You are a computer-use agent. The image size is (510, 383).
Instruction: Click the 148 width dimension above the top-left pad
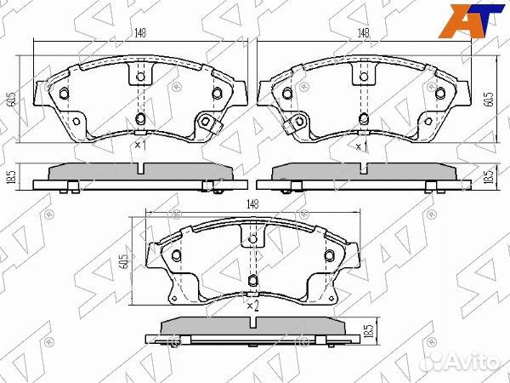click(135, 35)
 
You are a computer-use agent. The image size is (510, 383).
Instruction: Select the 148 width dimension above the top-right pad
click(365, 35)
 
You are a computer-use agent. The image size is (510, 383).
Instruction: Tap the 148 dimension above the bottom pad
click(252, 204)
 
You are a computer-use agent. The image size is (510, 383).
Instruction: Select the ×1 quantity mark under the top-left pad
click(140, 146)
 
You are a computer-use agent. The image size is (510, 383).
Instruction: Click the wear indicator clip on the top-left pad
click(207, 125)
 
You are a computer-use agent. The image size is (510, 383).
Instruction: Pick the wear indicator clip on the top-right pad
click(295, 126)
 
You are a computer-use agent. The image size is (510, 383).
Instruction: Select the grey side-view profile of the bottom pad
click(252, 327)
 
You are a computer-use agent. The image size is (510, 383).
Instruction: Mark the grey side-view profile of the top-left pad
click(139, 172)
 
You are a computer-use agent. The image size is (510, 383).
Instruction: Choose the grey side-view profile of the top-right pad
click(365, 172)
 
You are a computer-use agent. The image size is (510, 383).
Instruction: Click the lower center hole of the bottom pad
click(252, 282)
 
